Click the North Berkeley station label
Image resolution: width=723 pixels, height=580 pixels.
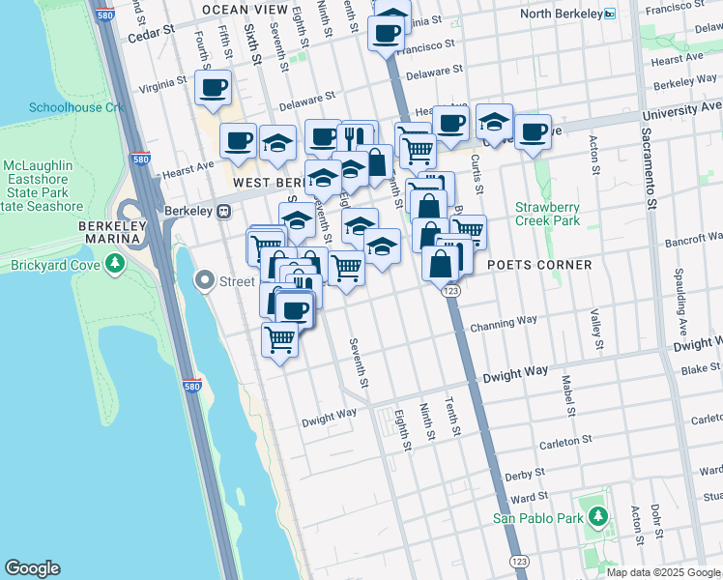[x=561, y=14]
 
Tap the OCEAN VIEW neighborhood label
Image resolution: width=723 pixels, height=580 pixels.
[x=245, y=10]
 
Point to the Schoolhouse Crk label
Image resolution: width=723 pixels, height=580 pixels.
[x=77, y=107]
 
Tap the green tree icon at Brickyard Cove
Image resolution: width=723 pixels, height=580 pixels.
[x=115, y=263]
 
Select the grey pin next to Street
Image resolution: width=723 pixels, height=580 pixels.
[x=204, y=281]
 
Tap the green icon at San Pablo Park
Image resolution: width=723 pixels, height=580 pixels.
[x=598, y=517]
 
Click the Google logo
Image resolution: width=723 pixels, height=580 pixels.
[x=33, y=568]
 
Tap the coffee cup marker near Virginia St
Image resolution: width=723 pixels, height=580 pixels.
[x=212, y=88]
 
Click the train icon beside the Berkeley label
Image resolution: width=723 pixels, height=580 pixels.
[x=223, y=211]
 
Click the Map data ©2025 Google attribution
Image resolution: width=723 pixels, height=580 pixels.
[x=663, y=572]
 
